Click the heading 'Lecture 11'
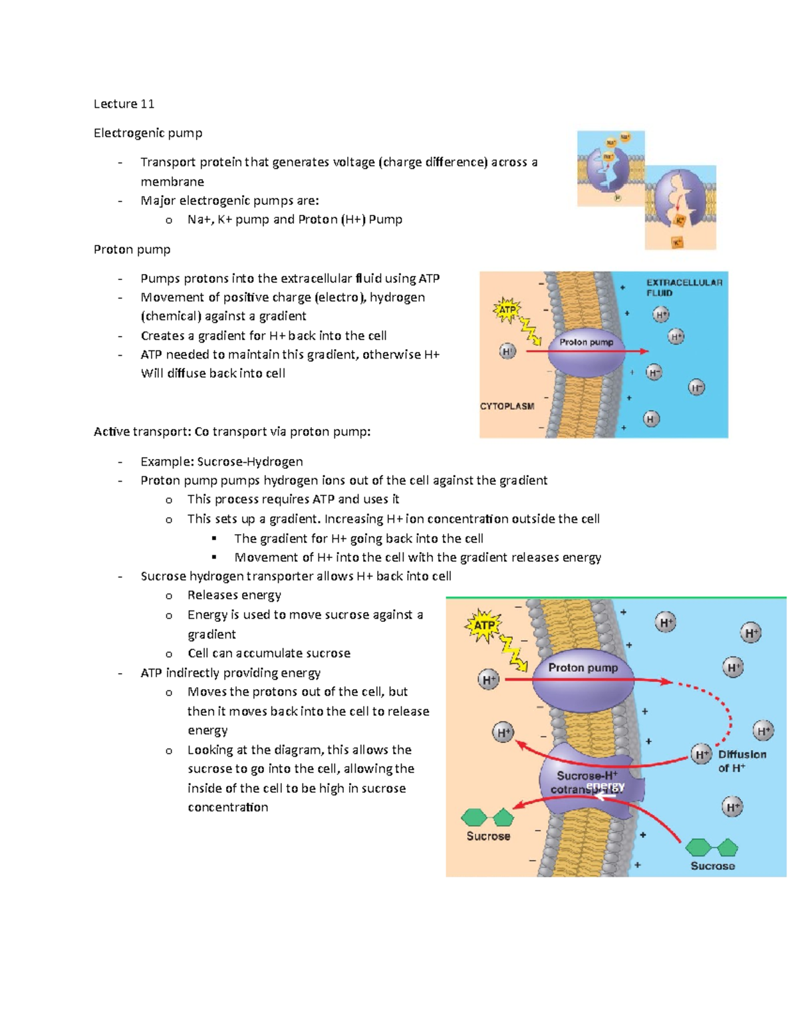(x=124, y=104)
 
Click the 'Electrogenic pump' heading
(x=148, y=133)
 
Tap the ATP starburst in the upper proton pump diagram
(x=507, y=310)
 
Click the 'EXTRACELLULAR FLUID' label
(x=684, y=287)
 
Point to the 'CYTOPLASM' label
(x=507, y=406)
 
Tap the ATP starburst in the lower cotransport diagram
(x=483, y=625)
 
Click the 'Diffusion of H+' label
(x=741, y=761)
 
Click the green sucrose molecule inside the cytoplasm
(x=487, y=817)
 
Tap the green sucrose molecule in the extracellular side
(x=712, y=847)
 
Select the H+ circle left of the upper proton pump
(x=507, y=351)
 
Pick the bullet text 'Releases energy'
(x=234, y=595)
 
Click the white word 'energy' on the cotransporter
(x=605, y=786)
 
